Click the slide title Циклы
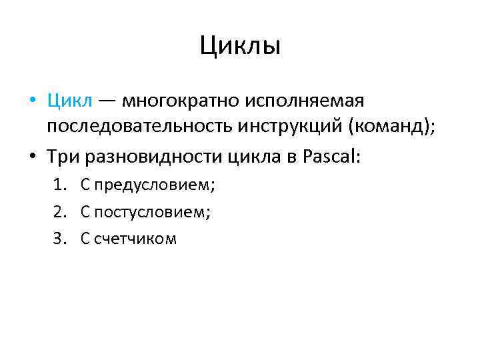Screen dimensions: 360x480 coord(240,46)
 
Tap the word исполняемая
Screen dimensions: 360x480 coord(304,101)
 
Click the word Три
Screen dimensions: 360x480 coord(62,157)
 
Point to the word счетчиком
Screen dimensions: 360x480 coord(135,239)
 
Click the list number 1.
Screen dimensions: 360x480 coord(59,185)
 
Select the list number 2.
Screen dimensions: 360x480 coord(59,212)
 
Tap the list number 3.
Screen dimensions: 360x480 coord(59,239)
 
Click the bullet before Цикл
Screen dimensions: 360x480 coord(33,102)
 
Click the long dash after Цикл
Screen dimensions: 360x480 coord(107,102)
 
